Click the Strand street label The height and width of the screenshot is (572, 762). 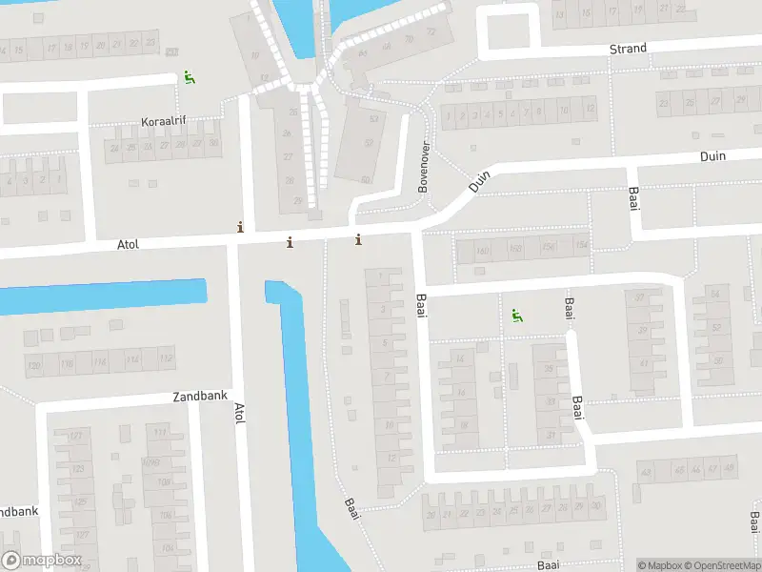pos(628,49)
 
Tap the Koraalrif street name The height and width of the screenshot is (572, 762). pos(164,122)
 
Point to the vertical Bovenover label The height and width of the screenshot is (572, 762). pos(424,169)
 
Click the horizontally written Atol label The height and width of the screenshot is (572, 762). pos(128,245)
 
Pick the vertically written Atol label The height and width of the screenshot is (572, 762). pos(239,414)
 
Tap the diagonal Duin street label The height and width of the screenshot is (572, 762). pos(479,181)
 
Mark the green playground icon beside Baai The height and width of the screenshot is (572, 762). pos(516,316)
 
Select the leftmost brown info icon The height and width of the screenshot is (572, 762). pos(240,227)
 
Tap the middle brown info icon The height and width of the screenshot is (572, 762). pos(290,243)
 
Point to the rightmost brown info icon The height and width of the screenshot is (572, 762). pos(358,239)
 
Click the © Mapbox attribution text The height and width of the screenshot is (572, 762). pos(660,565)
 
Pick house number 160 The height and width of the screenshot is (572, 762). pos(483,252)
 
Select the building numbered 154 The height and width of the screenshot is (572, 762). pos(582,246)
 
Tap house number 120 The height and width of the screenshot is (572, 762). pos(35,365)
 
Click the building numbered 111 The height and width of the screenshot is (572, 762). pos(160,433)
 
